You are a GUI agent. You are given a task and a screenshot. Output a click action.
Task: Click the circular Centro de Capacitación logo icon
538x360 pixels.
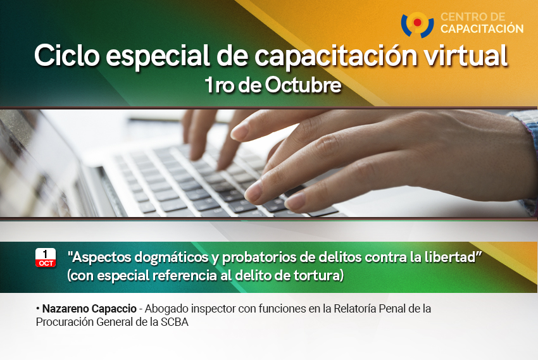[x=417, y=25]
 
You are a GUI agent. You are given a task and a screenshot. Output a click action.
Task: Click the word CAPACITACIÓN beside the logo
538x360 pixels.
[x=482, y=29]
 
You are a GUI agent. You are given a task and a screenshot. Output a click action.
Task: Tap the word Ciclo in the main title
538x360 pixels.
[x=67, y=56]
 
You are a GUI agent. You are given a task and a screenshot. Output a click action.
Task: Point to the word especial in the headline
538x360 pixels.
[x=158, y=56]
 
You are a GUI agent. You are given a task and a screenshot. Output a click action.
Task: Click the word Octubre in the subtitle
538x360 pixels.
[x=303, y=85]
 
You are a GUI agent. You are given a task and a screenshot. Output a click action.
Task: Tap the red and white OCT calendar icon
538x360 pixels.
[x=46, y=258]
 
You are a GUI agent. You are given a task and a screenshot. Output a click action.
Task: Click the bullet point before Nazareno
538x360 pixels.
[x=38, y=309]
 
